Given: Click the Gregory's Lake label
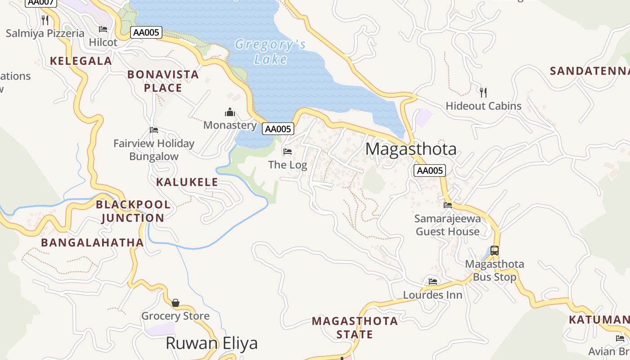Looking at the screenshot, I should [x=270, y=52].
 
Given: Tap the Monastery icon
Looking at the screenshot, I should [x=230, y=112].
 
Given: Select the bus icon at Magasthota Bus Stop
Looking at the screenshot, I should [x=495, y=251].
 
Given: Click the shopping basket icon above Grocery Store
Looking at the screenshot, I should [x=175, y=303].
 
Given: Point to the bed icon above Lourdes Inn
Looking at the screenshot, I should [x=433, y=282].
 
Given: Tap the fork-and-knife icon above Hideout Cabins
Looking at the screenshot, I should [x=483, y=93].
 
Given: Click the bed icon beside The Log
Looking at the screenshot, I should [x=288, y=152].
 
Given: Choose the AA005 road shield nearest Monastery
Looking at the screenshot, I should [x=278, y=129].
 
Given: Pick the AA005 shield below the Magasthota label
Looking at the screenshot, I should [x=430, y=171].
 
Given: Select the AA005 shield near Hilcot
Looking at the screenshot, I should [x=146, y=32].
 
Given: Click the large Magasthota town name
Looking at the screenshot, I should [x=411, y=149].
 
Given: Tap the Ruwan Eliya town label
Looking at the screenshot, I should [x=211, y=343].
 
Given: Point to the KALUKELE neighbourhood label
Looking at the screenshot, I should [x=187, y=182].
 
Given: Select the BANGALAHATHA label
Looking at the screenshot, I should [x=92, y=243].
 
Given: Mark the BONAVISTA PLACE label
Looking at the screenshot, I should [x=163, y=81].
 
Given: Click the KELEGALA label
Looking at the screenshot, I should [x=81, y=61].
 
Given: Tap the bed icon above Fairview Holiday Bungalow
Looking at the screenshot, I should [x=154, y=130].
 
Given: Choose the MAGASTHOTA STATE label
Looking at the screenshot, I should [x=355, y=328].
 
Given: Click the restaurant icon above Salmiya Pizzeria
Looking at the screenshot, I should [x=45, y=20].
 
